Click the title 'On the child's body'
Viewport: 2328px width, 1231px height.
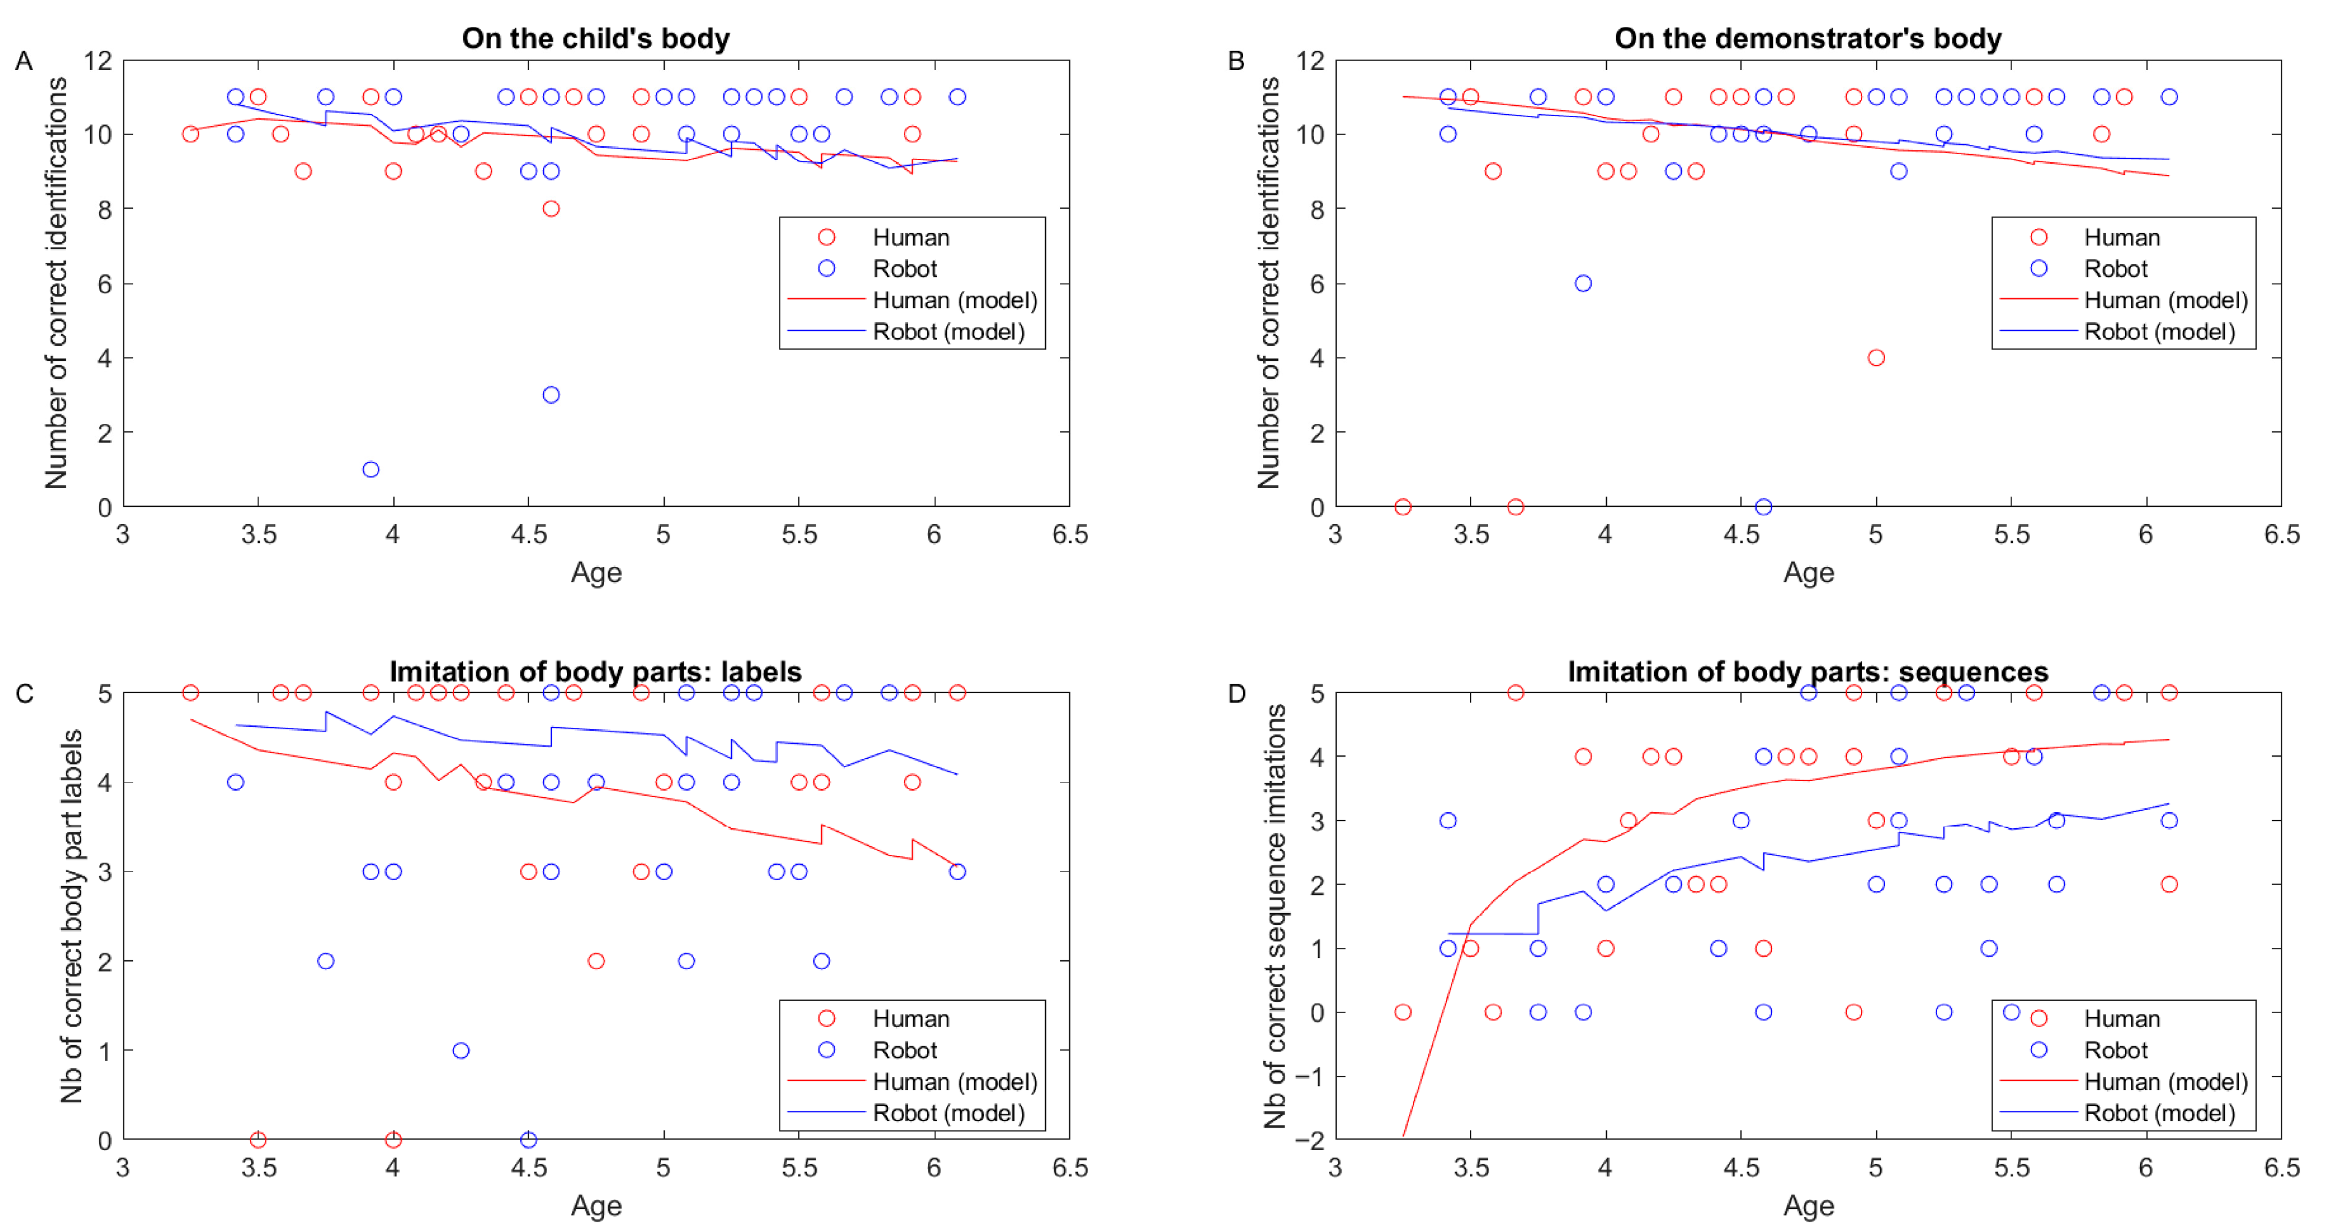[595, 38]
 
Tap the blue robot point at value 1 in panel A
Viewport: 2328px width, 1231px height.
[371, 469]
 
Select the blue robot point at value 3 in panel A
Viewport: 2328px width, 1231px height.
[551, 395]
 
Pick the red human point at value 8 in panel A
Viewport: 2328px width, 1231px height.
[551, 209]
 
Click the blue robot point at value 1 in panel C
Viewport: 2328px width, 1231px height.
[461, 1050]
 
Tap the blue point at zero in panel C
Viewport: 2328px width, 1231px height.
[528, 1140]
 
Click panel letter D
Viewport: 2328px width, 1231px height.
[1236, 693]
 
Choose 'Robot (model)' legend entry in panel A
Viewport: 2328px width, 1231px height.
[948, 332]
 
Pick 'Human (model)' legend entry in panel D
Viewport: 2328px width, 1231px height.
[2164, 1082]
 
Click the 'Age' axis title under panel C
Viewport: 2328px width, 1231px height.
[595, 1206]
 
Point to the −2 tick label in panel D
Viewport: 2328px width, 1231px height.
[1308, 1140]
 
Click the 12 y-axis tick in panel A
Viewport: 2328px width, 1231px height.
[98, 61]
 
